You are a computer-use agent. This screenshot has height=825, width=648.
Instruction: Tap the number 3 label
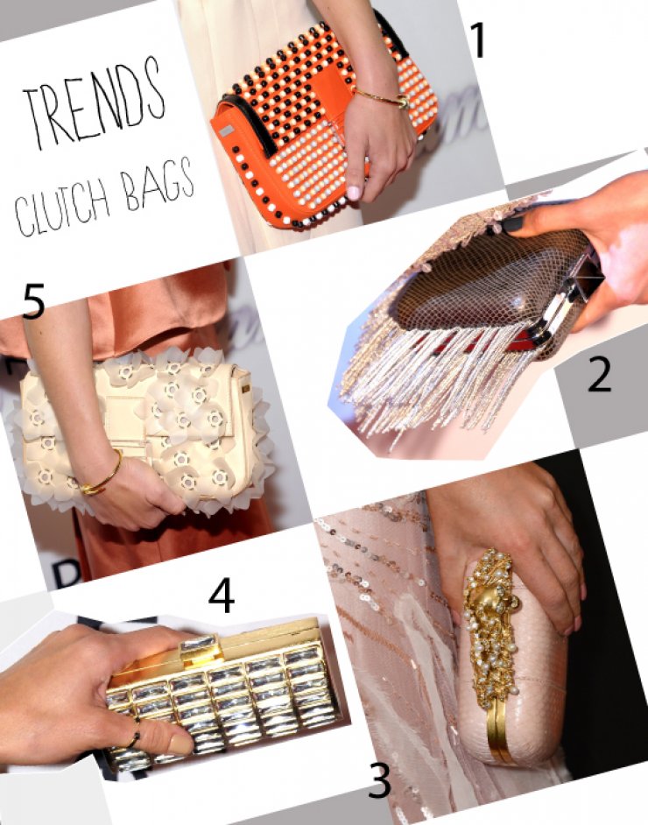378,779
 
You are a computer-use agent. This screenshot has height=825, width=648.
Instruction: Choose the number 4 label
222,597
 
